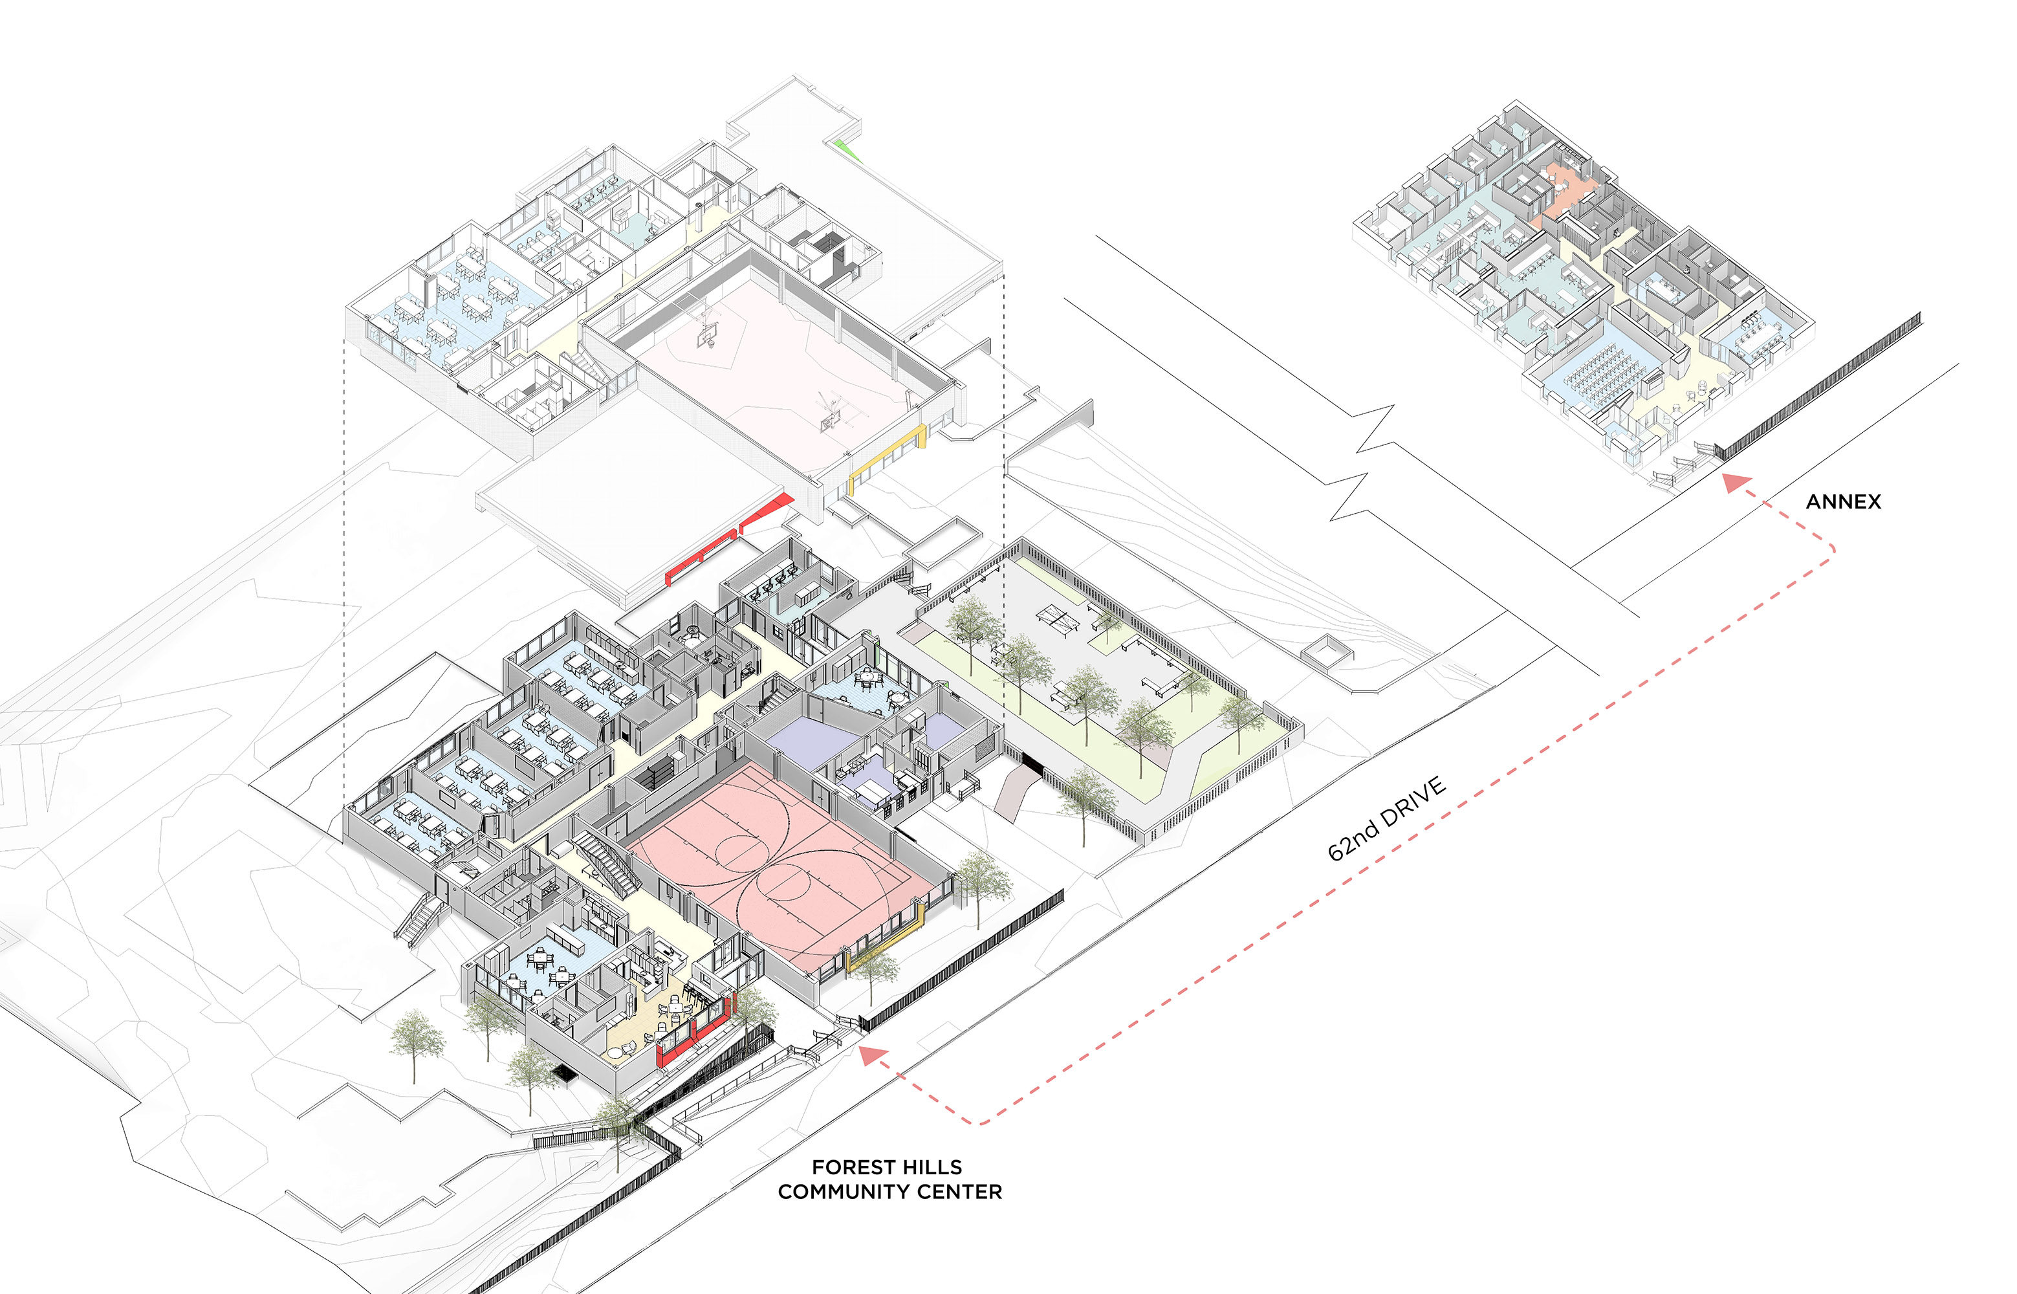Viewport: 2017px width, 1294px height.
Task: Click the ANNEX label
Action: (x=1843, y=501)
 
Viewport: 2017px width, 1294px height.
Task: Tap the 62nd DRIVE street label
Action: (x=1386, y=818)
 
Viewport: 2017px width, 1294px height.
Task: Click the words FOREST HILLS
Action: (x=886, y=1167)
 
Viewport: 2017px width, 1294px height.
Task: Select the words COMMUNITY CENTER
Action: (x=889, y=1192)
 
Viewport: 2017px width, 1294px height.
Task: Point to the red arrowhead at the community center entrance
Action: (x=873, y=1055)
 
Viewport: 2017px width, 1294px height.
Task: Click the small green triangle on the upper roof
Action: (x=849, y=149)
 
